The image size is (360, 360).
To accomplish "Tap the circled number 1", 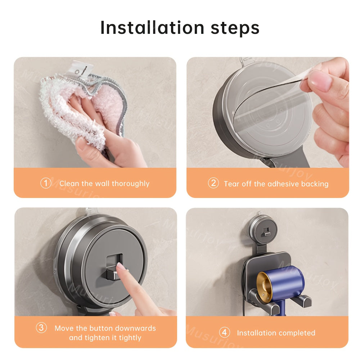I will pyautogui.click(x=46, y=183).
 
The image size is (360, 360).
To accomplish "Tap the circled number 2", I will pyautogui.click(x=213, y=183).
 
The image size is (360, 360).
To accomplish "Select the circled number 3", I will pyautogui.click(x=41, y=328).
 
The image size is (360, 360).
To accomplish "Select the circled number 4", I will pyautogui.click(x=224, y=333).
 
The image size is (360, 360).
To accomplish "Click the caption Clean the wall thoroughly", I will pyautogui.click(x=104, y=184).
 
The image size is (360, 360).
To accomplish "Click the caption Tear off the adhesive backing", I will pyautogui.click(x=276, y=184).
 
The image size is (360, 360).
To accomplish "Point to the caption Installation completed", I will pyautogui.click(x=276, y=333).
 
